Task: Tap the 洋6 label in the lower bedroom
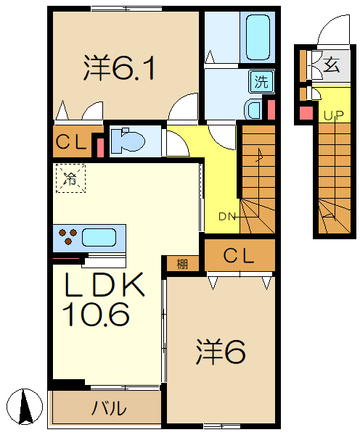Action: point(221,353)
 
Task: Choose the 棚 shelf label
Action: point(182,264)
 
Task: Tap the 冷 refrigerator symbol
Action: point(70,177)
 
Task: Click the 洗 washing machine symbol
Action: point(260,81)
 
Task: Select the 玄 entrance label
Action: point(331,65)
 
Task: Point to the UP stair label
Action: point(333,115)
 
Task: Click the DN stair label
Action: point(226,217)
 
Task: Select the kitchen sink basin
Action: point(99,236)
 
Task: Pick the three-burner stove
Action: point(67,236)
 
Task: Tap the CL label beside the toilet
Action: point(73,142)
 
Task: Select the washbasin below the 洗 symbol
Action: point(255,109)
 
